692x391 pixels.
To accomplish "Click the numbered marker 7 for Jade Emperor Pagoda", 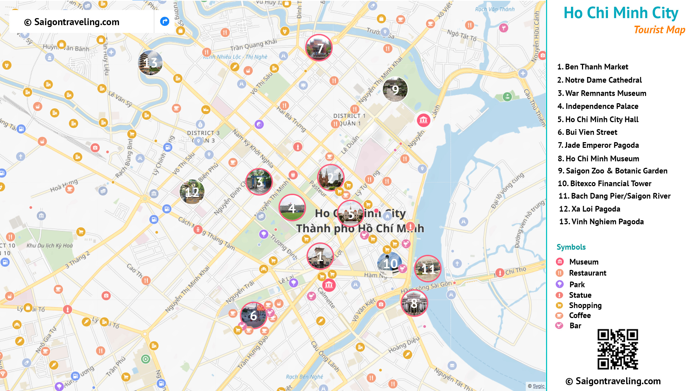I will coord(319,48).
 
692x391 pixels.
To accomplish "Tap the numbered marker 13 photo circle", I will coord(150,63).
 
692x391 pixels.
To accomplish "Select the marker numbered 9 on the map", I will coord(395,89).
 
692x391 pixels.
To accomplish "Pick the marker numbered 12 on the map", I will coord(192,192).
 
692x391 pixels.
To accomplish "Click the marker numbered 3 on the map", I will coord(259,182).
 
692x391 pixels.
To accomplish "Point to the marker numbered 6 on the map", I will coord(253,315).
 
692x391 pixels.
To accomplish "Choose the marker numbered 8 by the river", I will coord(414,303).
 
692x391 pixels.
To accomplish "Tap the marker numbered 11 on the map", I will coord(428,269).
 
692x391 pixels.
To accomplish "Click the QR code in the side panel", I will coord(618,349).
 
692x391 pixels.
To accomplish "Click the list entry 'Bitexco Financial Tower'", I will coord(605,183).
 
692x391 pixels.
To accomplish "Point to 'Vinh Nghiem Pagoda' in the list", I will coord(601,222).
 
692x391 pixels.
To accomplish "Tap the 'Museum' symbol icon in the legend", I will coord(560,262).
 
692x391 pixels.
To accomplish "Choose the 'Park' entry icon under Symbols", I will coord(560,284).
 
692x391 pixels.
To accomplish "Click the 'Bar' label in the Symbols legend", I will coord(575,326).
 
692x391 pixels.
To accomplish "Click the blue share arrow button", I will coord(165,21).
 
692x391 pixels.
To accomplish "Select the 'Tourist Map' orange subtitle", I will coord(660,30).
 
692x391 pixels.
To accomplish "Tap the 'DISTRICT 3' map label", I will coord(203,133).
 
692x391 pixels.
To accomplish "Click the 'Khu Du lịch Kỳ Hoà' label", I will coord(50,246).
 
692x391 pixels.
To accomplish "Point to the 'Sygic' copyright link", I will coord(538,386).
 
